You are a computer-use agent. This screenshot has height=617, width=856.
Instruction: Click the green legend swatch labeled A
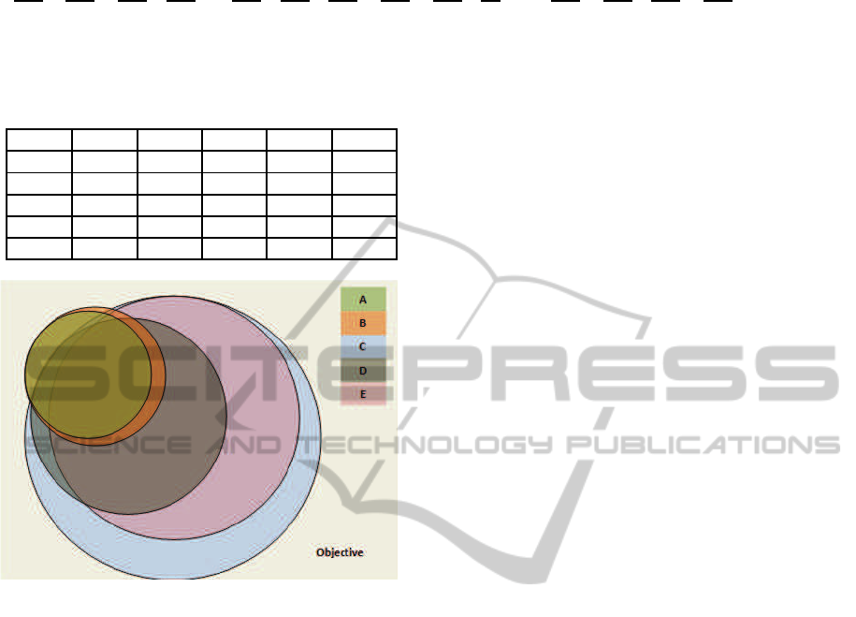tap(363, 299)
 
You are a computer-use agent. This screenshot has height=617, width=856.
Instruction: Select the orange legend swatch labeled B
tap(363, 323)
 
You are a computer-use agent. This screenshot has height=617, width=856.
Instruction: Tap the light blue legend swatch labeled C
tap(363, 346)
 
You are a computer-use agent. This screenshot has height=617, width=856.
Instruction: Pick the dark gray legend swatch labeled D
tap(363, 371)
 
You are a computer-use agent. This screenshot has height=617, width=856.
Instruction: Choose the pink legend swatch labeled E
tap(363, 394)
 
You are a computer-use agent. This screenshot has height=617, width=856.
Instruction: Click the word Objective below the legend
tap(340, 552)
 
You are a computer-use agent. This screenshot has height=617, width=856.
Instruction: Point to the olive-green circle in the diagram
tap(88, 374)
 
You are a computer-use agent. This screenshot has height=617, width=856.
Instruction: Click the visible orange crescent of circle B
tap(158, 377)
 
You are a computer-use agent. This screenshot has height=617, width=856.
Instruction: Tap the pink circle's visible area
tap(262, 416)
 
